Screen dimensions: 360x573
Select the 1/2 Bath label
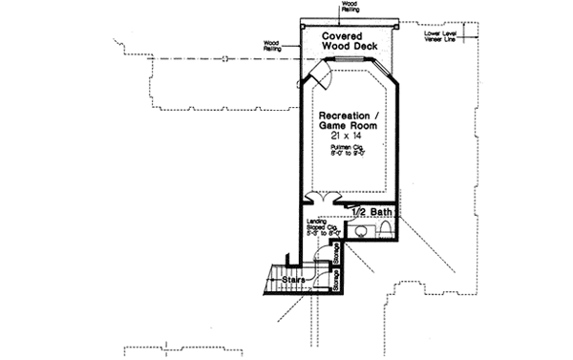point(371,210)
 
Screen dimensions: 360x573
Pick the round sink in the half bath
point(364,231)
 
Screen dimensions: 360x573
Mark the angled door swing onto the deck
point(322,74)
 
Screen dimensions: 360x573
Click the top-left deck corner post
point(301,21)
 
